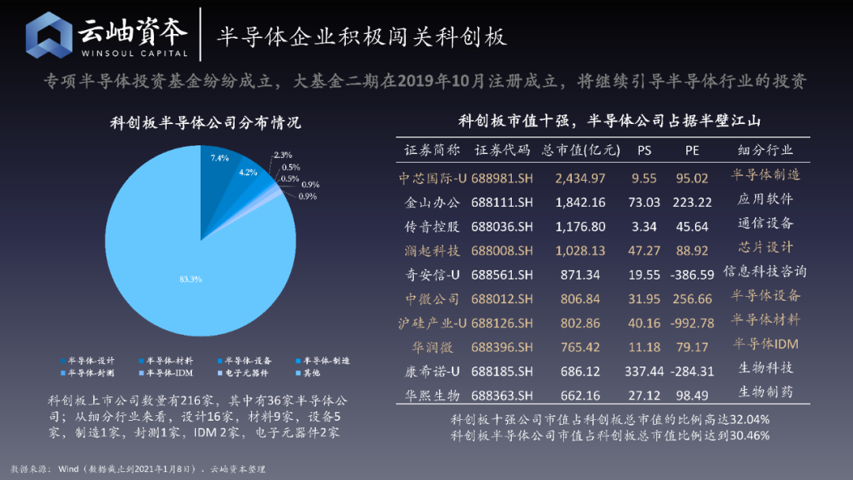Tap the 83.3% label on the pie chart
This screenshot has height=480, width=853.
190,279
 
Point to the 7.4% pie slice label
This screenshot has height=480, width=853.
220,158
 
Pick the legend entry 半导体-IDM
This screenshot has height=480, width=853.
168,371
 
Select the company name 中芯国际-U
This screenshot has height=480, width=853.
434,178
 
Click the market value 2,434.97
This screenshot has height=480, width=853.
581,178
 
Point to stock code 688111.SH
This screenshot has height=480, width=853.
502,202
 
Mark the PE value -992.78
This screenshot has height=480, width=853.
692,323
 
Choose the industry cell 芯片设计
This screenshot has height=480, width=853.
765,248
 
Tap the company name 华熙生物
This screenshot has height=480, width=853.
434,395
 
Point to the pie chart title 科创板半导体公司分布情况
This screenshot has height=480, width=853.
205,123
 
